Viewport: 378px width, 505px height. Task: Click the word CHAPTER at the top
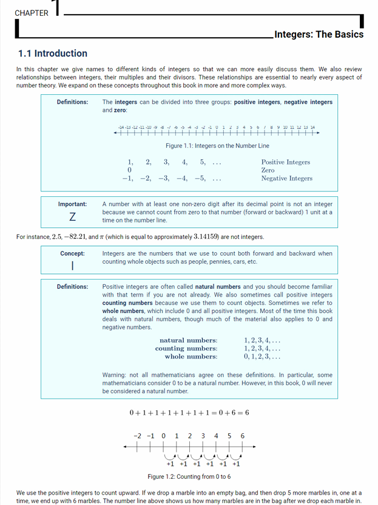point(32,13)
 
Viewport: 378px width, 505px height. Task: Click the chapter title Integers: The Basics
point(319,34)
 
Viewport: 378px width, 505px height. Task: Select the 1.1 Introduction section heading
point(53,53)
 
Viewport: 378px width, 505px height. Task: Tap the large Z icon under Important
point(72,217)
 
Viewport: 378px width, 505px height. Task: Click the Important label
point(72,204)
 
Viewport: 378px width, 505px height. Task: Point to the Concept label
point(72,253)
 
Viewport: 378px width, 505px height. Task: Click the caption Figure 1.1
point(217,146)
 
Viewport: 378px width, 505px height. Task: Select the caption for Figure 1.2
point(189,476)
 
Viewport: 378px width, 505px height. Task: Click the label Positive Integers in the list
point(285,162)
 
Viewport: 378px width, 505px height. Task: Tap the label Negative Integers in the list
point(286,179)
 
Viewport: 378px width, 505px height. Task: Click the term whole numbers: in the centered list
point(191,357)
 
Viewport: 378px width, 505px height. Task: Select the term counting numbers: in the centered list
point(186,349)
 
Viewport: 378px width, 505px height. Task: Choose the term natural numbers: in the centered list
point(188,341)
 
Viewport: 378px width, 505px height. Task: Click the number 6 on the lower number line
point(243,436)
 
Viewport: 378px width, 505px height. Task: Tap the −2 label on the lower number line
point(137,436)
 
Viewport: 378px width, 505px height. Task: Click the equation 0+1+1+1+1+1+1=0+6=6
point(189,413)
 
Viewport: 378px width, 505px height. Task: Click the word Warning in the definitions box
point(116,375)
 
